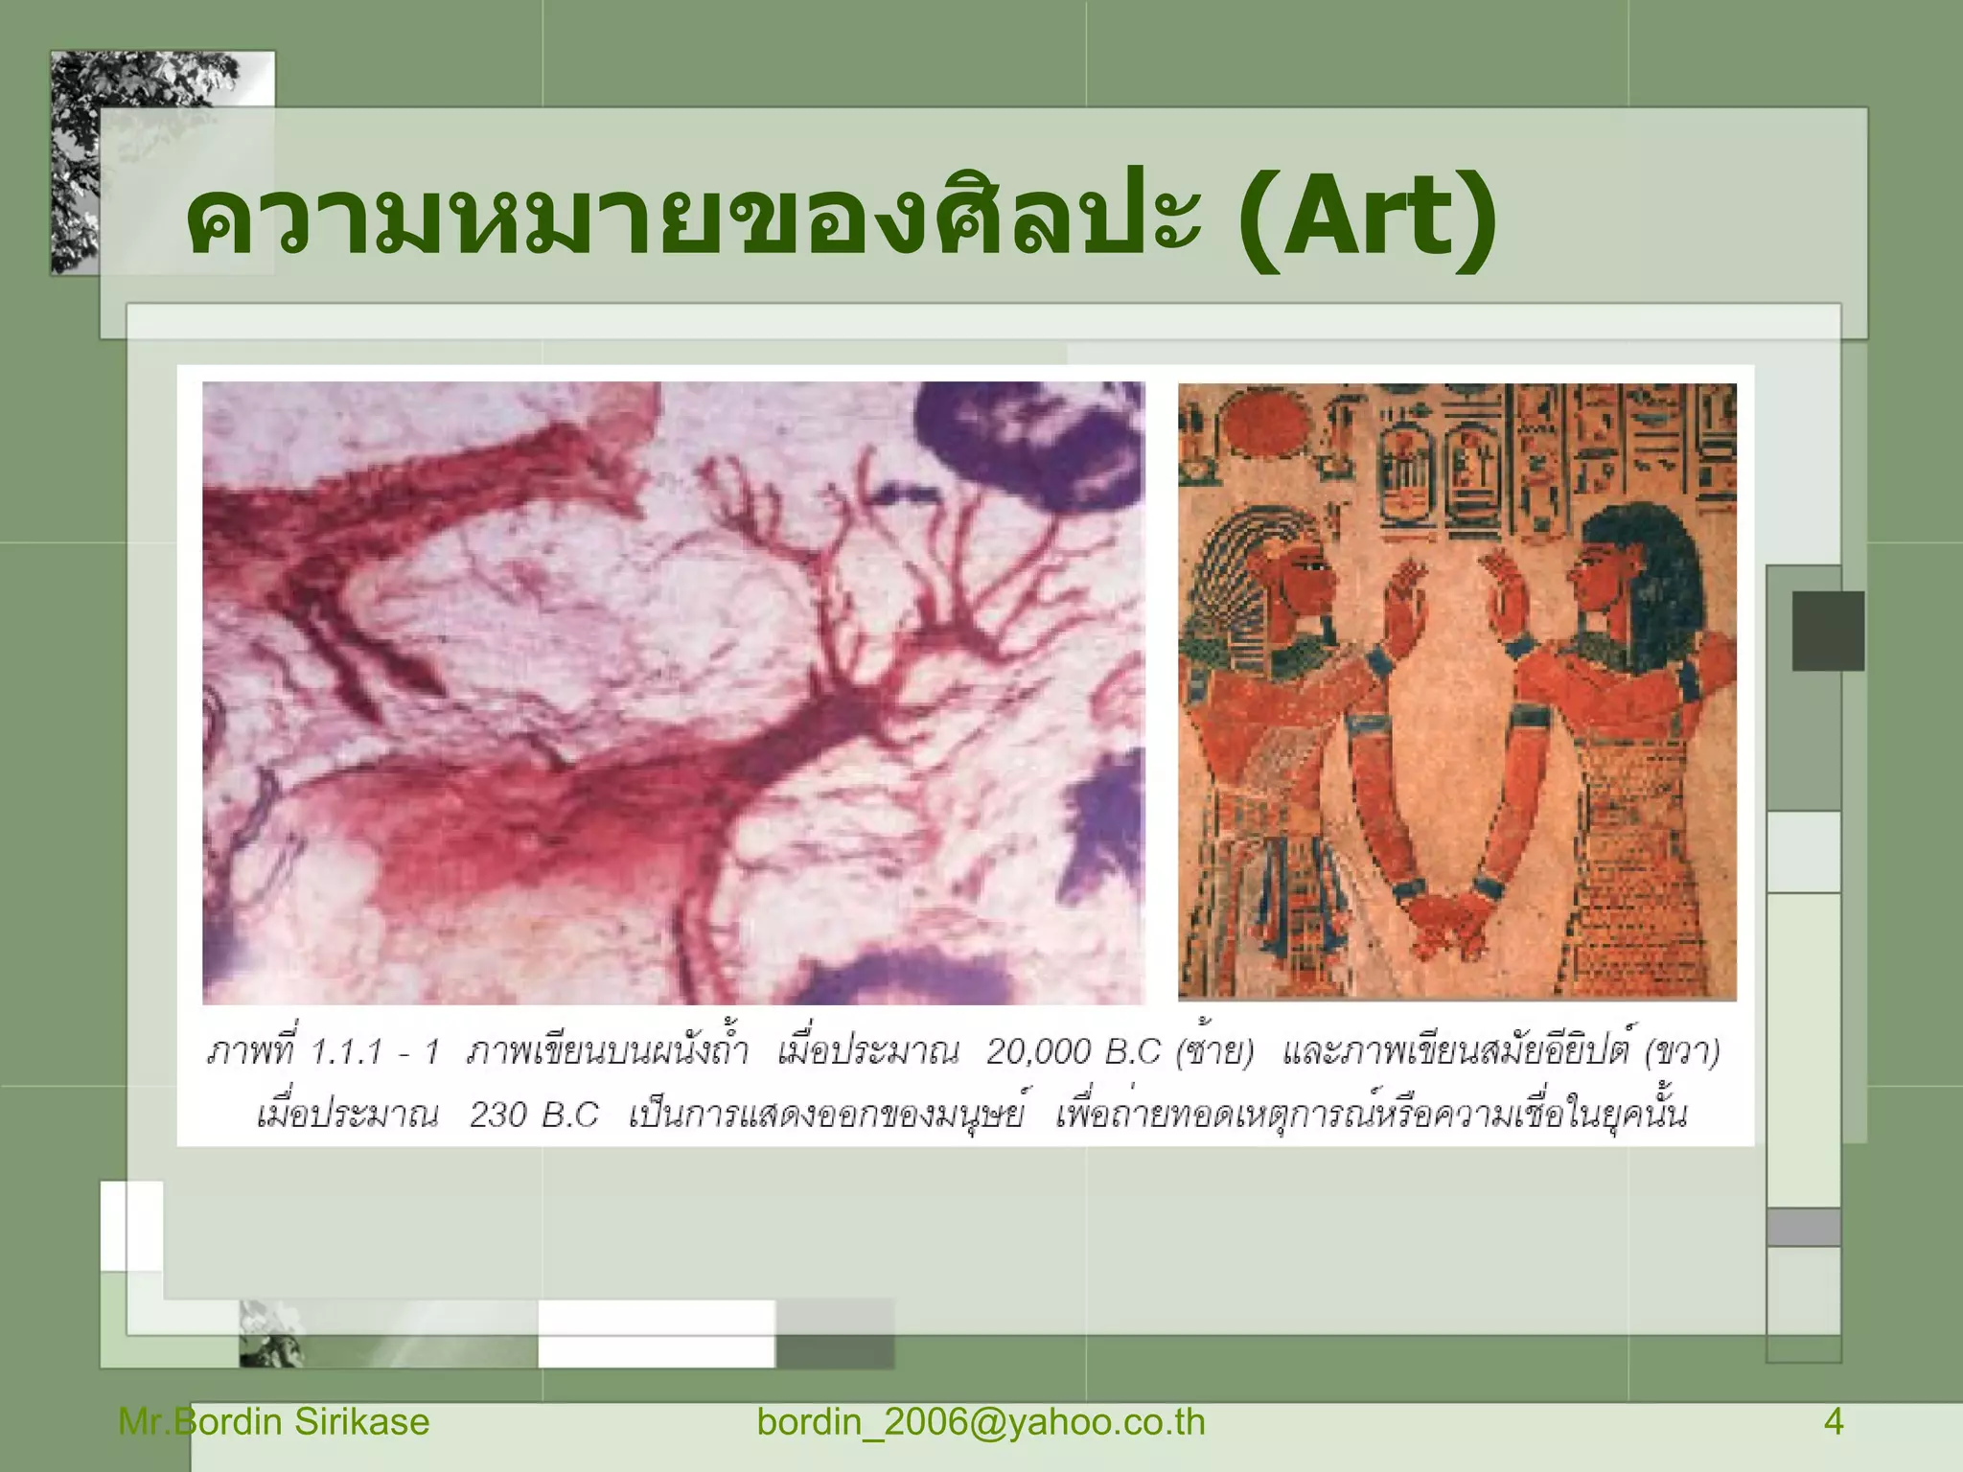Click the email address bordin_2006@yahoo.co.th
tap(981, 1421)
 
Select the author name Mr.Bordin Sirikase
tap(273, 1421)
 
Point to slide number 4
tap(1833, 1421)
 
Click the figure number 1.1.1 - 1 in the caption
tap(374, 1052)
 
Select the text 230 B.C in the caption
tap(533, 1115)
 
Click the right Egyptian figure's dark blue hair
tap(1658, 565)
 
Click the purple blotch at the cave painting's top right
tap(1035, 441)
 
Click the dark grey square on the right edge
tap(1828, 631)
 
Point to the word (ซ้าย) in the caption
tap(1214, 1052)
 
